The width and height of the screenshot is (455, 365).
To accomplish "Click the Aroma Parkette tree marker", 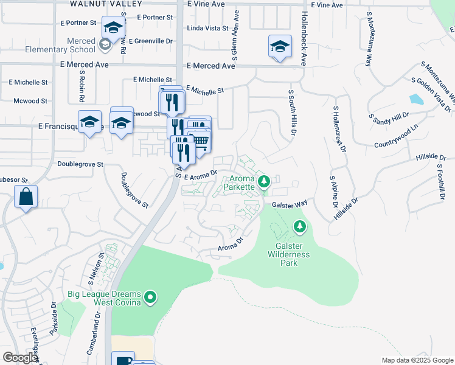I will tap(264, 181).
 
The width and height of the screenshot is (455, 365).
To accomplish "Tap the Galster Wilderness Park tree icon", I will tap(299, 227).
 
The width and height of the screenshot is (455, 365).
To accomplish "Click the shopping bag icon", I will tap(26, 197).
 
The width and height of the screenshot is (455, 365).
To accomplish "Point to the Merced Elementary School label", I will tap(73, 45).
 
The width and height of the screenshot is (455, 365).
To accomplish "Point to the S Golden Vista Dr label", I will tap(432, 94).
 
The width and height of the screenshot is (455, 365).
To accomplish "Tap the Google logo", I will tap(20, 358).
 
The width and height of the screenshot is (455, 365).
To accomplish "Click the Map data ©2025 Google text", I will tap(417, 360).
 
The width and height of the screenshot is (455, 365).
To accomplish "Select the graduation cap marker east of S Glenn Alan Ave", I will tap(280, 47).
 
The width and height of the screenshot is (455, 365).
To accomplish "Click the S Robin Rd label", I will tap(82, 86).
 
